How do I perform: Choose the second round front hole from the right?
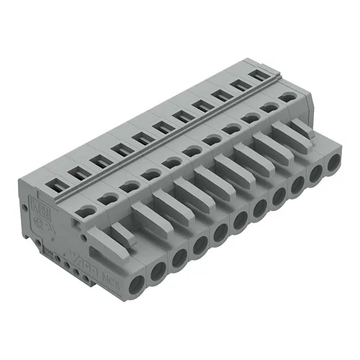[315, 174]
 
